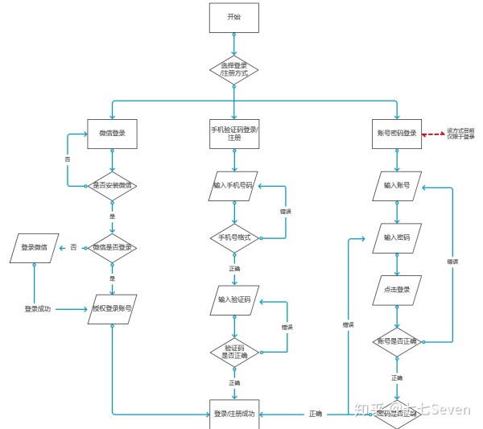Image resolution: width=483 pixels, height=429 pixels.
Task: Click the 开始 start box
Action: (x=233, y=17)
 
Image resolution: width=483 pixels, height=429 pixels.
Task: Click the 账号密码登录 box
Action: (x=396, y=133)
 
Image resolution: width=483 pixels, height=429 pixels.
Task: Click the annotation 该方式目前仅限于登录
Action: (x=461, y=133)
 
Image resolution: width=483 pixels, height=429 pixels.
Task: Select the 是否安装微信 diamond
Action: (x=112, y=185)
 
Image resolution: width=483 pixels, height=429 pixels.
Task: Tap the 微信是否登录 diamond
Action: (x=112, y=246)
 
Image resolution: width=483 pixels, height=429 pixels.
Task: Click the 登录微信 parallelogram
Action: (x=34, y=247)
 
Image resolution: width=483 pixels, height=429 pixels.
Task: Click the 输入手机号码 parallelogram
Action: (x=233, y=185)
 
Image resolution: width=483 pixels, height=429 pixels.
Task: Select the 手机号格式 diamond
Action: (x=234, y=237)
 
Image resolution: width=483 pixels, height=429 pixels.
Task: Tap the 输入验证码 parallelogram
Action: (x=233, y=299)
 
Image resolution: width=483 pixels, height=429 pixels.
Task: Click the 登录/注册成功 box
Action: (x=234, y=414)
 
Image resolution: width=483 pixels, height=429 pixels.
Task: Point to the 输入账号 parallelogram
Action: (x=396, y=185)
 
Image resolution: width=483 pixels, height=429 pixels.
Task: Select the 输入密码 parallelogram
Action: (x=396, y=237)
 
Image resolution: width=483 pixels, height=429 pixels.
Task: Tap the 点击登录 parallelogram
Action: (x=396, y=290)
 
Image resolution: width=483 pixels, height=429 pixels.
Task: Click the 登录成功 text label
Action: (x=38, y=308)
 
